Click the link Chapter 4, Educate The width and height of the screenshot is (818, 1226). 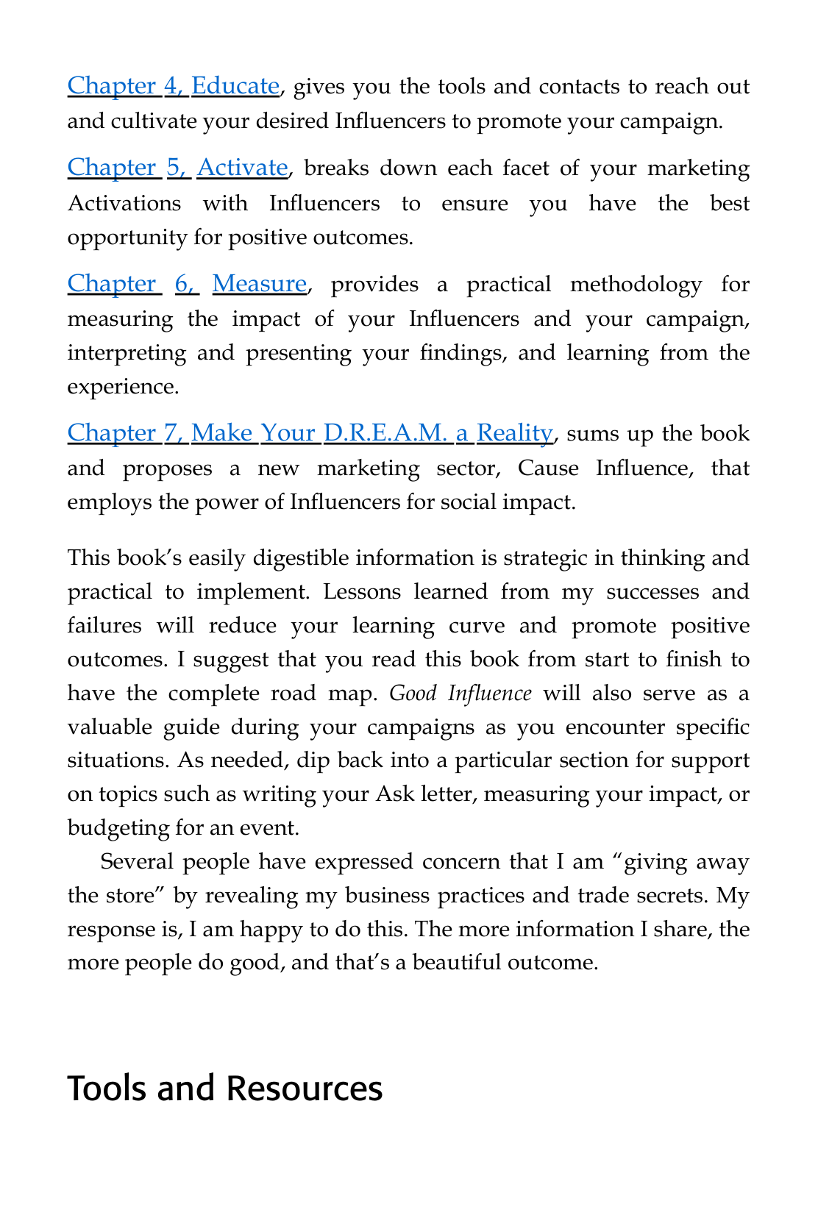pos(173,86)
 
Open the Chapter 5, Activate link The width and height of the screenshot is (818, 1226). pos(177,168)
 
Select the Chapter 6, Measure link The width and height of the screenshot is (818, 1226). pos(187,284)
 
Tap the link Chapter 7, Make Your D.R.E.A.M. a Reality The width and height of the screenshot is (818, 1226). pos(310,433)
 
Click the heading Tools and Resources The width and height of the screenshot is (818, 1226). pos(225,1088)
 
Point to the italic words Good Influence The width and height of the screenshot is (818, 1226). pos(460,694)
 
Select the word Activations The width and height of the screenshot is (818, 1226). pos(124,203)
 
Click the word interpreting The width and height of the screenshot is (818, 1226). pos(125,353)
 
